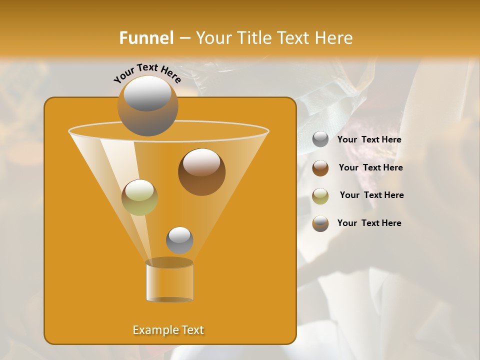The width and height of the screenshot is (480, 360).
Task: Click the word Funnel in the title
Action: pyautogui.click(x=146, y=38)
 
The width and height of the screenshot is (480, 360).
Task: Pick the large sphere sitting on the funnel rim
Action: pyautogui.click(x=147, y=105)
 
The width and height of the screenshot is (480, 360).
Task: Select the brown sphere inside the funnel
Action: pyautogui.click(x=201, y=172)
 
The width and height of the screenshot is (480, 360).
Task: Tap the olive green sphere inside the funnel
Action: pyautogui.click(x=139, y=197)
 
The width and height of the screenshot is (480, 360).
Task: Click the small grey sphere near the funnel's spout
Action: pyautogui.click(x=179, y=240)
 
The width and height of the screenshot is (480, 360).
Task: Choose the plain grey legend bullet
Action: pyautogui.click(x=320, y=139)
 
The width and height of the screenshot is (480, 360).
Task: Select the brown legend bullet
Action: pyautogui.click(x=320, y=168)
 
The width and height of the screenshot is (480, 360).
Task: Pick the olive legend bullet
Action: pyautogui.click(x=320, y=195)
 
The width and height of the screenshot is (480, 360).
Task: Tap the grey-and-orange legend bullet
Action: pyautogui.click(x=320, y=223)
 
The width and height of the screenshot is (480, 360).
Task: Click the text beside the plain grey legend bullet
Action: pyautogui.click(x=369, y=140)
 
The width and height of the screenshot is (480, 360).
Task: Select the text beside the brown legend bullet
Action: pyautogui.click(x=370, y=168)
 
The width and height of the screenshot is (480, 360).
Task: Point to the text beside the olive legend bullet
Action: pyautogui.click(x=371, y=195)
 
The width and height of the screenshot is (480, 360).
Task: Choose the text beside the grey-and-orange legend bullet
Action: pyautogui.click(x=369, y=223)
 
